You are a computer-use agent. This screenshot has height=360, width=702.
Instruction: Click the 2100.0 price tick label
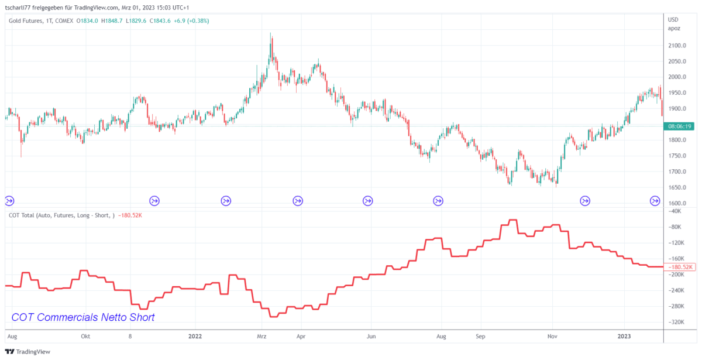[677, 46]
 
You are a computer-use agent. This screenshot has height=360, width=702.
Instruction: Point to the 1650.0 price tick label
[677, 188]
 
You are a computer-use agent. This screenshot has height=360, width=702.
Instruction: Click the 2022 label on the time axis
[195, 337]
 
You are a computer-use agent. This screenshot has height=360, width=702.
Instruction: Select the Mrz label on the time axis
[261, 337]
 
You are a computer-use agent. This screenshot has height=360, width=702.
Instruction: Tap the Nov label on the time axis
[552, 337]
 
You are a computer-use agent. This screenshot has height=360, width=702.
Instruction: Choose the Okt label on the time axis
[85, 337]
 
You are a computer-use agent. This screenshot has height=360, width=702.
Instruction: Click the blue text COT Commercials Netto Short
[83, 317]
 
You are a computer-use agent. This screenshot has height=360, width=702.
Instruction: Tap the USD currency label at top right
[673, 20]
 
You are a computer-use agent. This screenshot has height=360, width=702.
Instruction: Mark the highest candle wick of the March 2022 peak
[270, 33]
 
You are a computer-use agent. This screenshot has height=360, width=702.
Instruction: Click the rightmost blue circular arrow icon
[656, 201]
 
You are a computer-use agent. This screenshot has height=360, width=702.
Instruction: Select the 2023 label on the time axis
[625, 337]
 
